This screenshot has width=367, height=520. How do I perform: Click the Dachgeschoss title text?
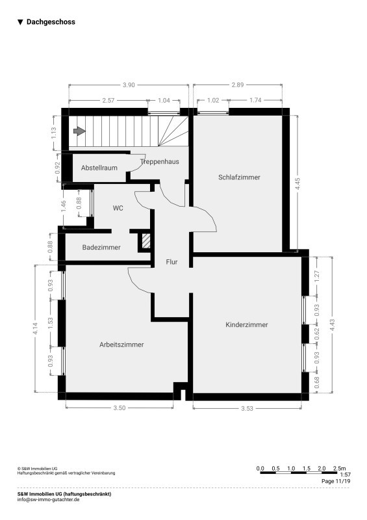[51, 22]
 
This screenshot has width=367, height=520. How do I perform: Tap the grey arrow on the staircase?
[79, 131]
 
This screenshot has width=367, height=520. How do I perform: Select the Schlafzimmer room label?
[239, 177]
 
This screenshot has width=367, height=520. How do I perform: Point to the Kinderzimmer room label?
[247, 324]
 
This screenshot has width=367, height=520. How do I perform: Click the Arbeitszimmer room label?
[121, 344]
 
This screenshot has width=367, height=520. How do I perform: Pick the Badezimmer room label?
[101, 248]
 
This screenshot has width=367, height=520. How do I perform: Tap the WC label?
[118, 208]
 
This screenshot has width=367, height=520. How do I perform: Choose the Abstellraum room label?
[99, 168]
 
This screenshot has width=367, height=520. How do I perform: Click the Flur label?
[171, 262]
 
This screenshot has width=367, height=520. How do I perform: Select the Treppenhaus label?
[159, 161]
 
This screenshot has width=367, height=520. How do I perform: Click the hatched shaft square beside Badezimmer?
[146, 241]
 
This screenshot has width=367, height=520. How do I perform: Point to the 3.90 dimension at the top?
[129, 85]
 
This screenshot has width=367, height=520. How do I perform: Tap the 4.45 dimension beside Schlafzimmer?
[298, 184]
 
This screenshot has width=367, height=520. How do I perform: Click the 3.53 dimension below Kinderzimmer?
[247, 409]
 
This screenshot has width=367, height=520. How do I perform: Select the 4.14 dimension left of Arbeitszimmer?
[36, 329]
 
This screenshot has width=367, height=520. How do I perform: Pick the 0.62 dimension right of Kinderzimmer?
[317, 333]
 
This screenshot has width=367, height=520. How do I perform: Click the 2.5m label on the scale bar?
[339, 468]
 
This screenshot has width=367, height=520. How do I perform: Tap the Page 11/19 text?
[336, 481]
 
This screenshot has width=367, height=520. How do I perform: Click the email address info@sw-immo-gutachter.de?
[49, 499]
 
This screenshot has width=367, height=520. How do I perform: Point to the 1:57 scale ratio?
[345, 475]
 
